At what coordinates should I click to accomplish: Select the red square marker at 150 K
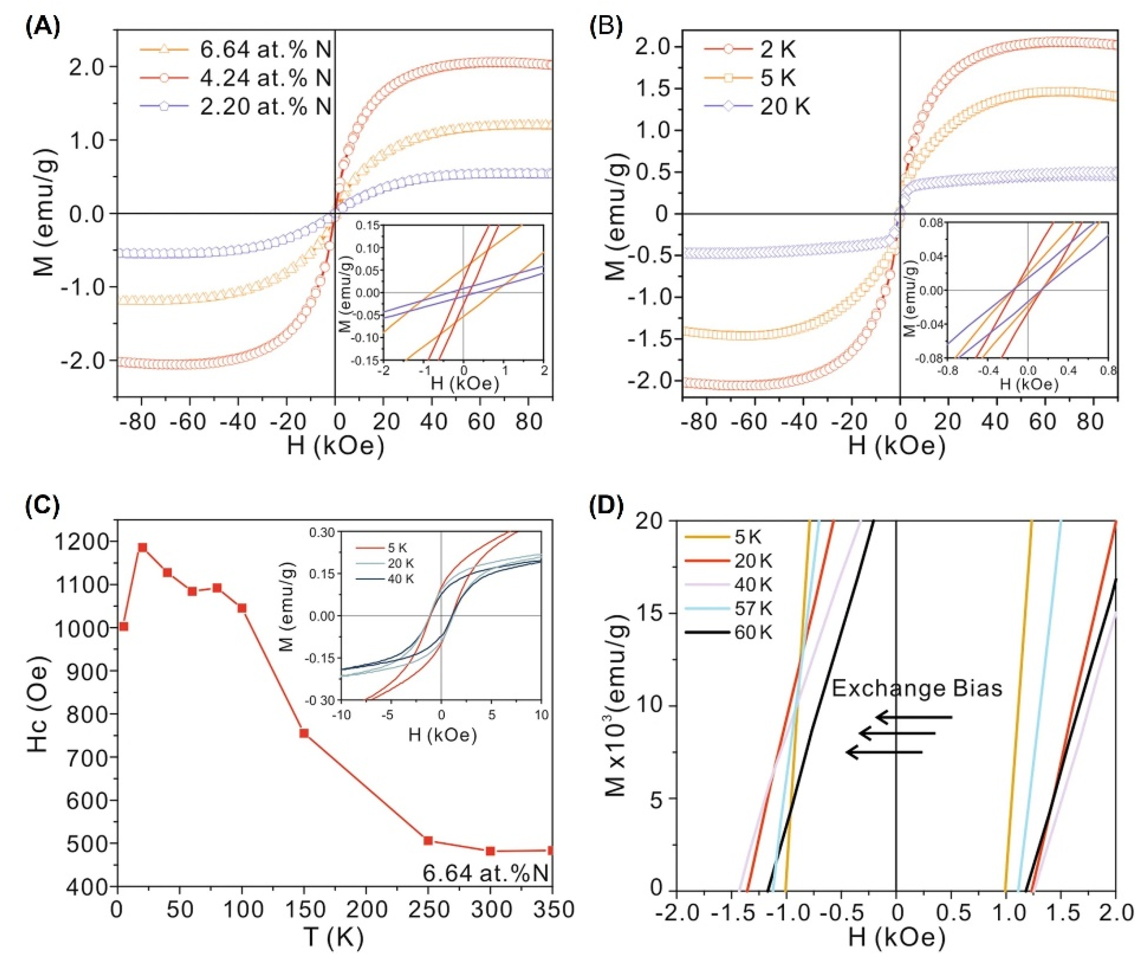(x=304, y=733)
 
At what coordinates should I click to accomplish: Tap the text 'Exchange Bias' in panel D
(x=917, y=688)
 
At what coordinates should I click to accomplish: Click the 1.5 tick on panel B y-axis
(x=654, y=88)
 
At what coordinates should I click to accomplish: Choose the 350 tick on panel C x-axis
(x=551, y=910)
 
